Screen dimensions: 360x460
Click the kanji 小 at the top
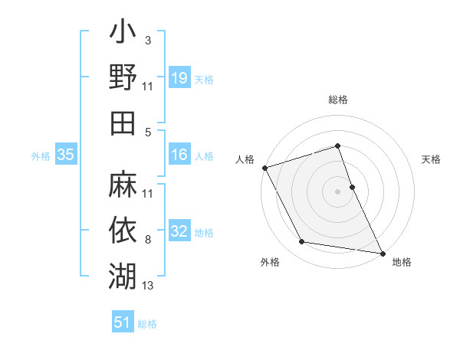coord(122,36)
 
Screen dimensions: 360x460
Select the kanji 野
coord(122,79)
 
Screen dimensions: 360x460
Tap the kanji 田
coord(122,122)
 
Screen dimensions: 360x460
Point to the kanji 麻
coord(122,185)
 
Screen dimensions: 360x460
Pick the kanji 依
coord(122,228)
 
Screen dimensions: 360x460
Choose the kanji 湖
coord(122,273)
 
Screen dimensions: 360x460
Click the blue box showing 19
coord(179,78)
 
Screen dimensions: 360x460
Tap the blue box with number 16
coord(179,155)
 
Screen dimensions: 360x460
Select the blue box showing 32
coord(179,232)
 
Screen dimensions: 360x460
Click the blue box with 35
coord(65,155)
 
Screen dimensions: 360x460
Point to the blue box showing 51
coord(123,322)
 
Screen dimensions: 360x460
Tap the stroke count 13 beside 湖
coord(148,286)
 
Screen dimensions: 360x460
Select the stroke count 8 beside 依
coord(147,241)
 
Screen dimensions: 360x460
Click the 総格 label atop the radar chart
coord(337,100)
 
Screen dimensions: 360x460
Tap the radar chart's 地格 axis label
coord(402,262)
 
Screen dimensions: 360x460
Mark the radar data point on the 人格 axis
coord(264,168)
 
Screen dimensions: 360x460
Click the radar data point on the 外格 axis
coord(301,242)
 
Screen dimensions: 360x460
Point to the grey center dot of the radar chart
coord(337,191)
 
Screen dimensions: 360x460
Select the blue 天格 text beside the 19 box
coord(204,79)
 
